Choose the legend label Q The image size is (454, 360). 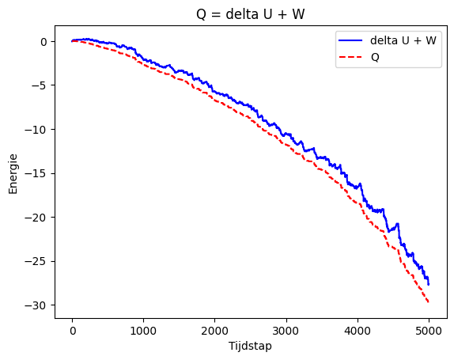375,57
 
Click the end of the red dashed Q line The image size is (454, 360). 429,302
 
